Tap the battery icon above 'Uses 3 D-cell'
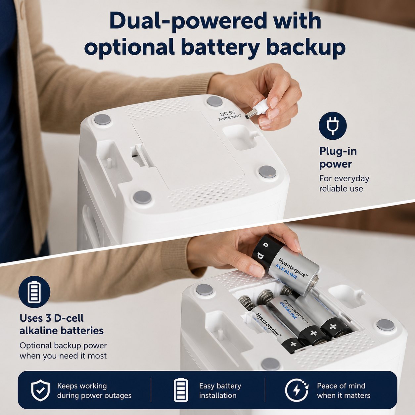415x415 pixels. click(x=34, y=292)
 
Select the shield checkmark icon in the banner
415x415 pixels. click(x=40, y=391)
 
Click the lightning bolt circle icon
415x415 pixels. click(x=297, y=390)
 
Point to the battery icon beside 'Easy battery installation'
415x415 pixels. click(x=181, y=390)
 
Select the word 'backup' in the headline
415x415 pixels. click(x=305, y=48)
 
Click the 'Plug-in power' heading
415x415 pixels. click(x=338, y=158)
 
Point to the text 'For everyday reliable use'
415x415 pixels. click(x=344, y=183)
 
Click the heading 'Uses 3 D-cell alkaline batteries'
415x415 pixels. click(x=62, y=324)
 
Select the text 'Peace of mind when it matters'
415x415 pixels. click(x=344, y=391)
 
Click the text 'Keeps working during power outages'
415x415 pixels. click(x=94, y=391)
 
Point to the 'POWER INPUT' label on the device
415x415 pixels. click(x=230, y=118)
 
